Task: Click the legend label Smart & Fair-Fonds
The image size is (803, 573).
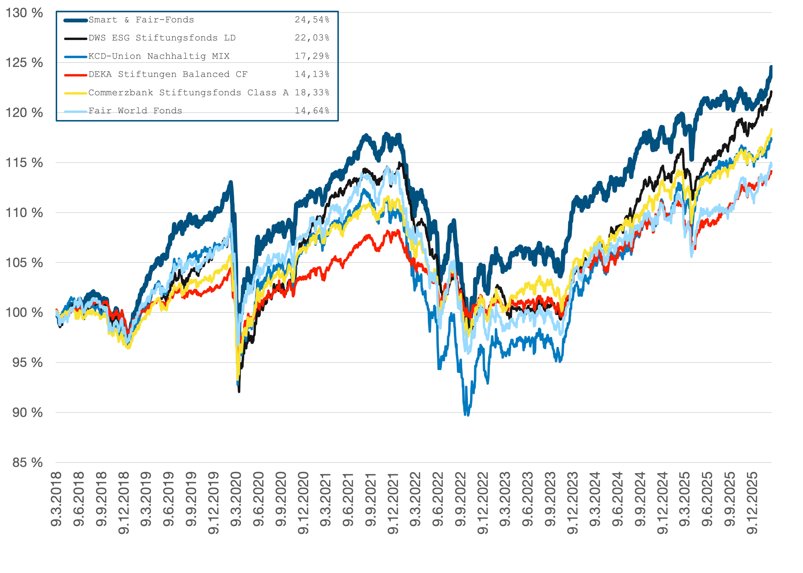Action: (x=141, y=20)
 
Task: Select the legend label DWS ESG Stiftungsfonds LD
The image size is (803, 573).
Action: (x=162, y=38)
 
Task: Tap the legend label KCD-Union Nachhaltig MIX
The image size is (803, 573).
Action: (x=159, y=56)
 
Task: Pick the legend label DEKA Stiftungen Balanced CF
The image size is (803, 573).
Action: (x=168, y=75)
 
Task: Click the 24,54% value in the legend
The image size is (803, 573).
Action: (x=312, y=20)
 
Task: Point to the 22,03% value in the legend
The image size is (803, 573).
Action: (x=312, y=38)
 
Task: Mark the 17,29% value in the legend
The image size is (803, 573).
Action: (x=312, y=56)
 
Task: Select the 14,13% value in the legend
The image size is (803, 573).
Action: (x=312, y=75)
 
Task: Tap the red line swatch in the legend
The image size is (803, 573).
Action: (x=75, y=75)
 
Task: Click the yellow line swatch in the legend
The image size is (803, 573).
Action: (x=75, y=93)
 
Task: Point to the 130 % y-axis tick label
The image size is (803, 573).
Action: (x=24, y=13)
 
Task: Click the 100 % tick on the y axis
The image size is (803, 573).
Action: (x=24, y=313)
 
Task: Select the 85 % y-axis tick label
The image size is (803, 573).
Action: (x=28, y=462)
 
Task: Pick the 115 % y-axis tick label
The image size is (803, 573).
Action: (x=24, y=163)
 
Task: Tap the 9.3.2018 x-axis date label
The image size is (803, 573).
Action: (x=56, y=499)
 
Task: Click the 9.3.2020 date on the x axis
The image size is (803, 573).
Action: (x=236, y=499)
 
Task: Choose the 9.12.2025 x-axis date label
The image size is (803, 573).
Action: (x=752, y=503)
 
